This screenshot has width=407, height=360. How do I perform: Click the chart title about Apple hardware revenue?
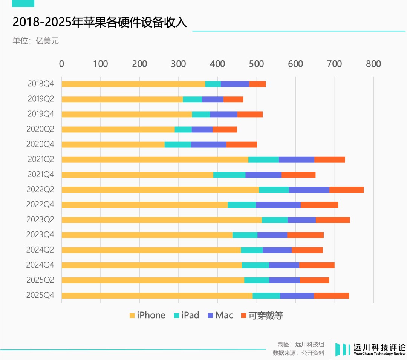[99, 22]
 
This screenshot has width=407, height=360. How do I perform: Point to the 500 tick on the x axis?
[256, 64]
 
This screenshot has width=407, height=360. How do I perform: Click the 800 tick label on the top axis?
[373, 64]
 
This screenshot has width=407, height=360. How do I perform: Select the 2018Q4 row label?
[41, 84]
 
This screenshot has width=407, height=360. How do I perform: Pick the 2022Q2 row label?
[40, 190]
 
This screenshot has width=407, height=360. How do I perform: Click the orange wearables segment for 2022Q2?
[346, 190]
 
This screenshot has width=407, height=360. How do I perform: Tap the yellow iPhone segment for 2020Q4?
[113, 144]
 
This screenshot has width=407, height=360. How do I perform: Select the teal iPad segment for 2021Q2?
[263, 159]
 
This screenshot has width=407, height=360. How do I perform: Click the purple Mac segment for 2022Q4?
[278, 205]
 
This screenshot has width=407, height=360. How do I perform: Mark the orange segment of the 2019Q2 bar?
[233, 99]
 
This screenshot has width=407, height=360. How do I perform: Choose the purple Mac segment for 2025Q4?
[297, 296]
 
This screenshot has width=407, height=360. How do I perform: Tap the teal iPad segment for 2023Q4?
[245, 235]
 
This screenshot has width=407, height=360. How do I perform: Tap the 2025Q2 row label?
[40, 280]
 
